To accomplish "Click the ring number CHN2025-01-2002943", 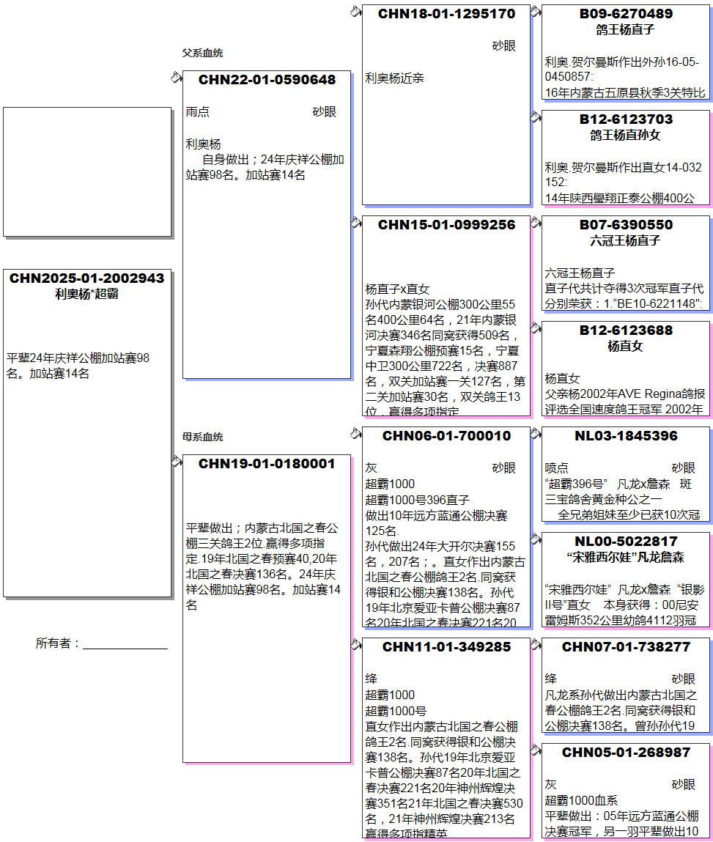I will click(x=87, y=278).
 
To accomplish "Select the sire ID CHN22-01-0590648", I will click(x=267, y=80).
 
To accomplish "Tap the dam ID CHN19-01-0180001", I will click(x=267, y=464).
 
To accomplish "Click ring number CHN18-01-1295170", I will click(x=446, y=14).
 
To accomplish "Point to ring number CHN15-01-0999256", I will click(x=446, y=225).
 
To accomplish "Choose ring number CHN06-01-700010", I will click(x=446, y=436).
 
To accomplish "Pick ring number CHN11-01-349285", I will click(x=446, y=647).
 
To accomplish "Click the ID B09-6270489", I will click(x=626, y=14).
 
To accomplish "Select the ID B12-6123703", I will click(x=626, y=119).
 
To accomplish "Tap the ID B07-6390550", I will click(x=626, y=225).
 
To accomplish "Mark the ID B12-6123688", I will click(x=626, y=330).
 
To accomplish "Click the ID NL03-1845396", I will click(x=626, y=436).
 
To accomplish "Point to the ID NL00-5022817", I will click(x=626, y=542).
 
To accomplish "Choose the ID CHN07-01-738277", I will click(x=626, y=647).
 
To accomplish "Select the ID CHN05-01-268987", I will click(x=626, y=753).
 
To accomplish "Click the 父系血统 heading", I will click(x=203, y=53).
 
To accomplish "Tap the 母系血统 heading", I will click(x=203, y=437).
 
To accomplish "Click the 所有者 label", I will click(x=57, y=643).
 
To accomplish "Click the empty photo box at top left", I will click(x=87, y=171).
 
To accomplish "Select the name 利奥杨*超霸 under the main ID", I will click(x=87, y=295).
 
